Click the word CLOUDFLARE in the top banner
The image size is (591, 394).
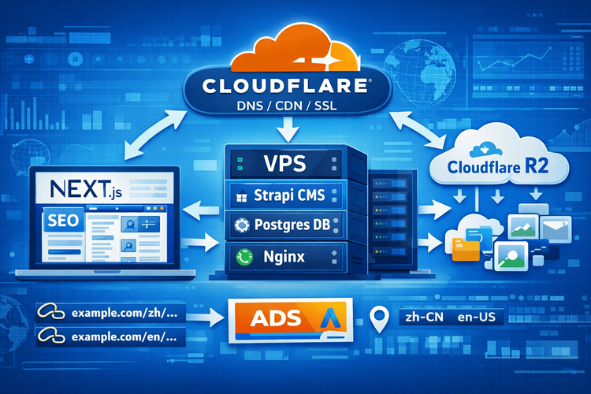tap(286, 85)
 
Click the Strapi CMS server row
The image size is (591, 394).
tap(284, 195)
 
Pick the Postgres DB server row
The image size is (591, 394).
tap(284, 225)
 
